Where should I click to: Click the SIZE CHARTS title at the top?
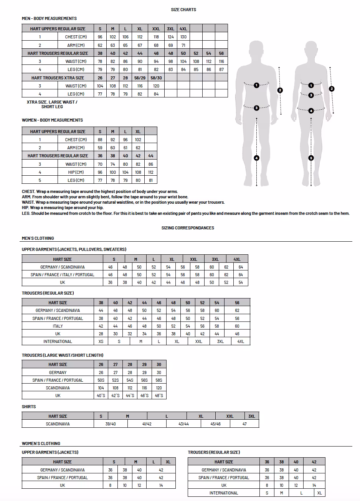183,10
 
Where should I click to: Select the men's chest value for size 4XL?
183,37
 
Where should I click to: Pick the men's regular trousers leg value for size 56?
221,69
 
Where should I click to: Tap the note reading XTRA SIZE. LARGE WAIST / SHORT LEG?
52,104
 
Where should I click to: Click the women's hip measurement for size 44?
150,172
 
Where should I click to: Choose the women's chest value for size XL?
138,140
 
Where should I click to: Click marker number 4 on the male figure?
257,158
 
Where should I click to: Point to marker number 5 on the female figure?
311,158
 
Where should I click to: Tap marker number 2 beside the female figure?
332,89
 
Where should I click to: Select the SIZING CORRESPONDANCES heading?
188,228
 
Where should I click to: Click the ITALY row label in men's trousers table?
58,326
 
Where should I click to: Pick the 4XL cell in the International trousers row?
241,341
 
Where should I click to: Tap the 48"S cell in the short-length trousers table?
159,396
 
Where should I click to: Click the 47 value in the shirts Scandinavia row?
244,424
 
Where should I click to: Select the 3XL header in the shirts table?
251,416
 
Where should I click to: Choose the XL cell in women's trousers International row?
320,493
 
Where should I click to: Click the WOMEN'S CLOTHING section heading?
41,443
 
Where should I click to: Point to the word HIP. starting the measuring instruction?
26,208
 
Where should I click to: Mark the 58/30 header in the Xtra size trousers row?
156,78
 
